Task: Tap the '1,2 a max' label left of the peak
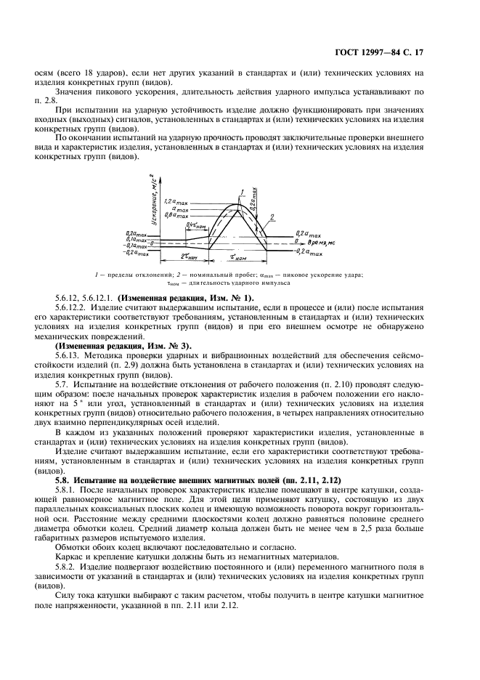176,201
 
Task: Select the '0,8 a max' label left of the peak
176,216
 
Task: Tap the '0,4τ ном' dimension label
194,225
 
